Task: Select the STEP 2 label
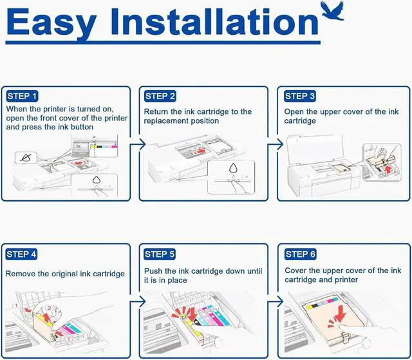(160, 96)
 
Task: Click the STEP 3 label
(300, 96)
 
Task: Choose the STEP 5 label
(160, 254)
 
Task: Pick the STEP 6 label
(300, 254)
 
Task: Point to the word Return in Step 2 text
(158, 112)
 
